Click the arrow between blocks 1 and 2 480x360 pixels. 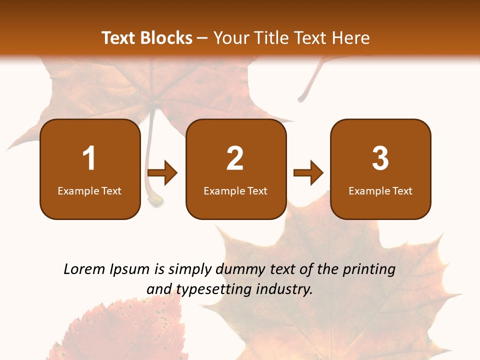[x=163, y=173]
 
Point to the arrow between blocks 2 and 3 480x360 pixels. [x=308, y=173]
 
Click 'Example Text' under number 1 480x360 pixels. [x=89, y=191]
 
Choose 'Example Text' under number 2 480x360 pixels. [x=235, y=191]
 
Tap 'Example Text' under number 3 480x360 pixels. [x=380, y=191]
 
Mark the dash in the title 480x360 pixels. [x=202, y=38]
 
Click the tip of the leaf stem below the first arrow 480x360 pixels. [x=155, y=201]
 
